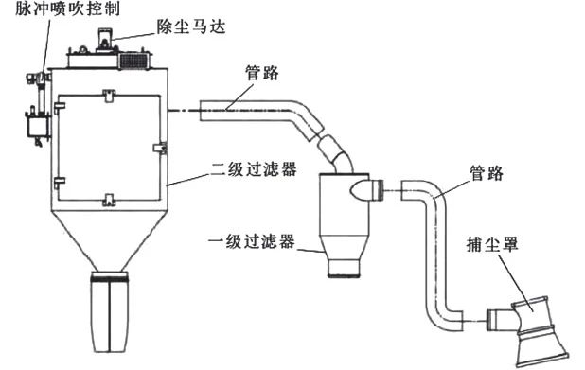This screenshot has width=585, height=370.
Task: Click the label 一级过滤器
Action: point(250,242)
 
